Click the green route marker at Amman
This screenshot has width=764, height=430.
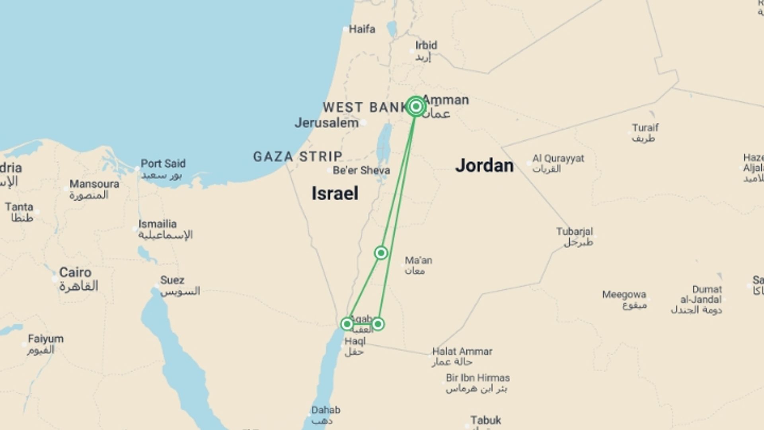pos(416,106)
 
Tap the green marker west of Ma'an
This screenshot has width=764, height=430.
pos(381,253)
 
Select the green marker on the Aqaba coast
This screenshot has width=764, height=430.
pos(347,324)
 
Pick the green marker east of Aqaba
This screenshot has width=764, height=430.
pos(378,324)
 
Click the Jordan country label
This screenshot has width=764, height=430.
pos(484,166)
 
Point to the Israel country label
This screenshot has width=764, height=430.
pos(335,193)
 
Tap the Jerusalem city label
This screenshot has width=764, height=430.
pos(326,123)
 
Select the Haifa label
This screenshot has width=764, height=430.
pos(362,29)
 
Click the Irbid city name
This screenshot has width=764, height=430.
pos(426,45)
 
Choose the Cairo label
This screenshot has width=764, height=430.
pos(75,273)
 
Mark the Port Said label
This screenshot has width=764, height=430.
pos(163,164)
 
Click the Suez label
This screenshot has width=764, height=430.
pos(172,280)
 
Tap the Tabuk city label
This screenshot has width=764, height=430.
pos(485,420)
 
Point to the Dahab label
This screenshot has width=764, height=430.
pos(325,410)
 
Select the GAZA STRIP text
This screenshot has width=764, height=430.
pos(298,156)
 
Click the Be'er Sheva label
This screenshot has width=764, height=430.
pos(361,170)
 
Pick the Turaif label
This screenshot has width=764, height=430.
pos(645,128)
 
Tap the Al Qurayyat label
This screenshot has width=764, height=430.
pos(558,158)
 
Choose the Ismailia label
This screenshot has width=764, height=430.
pos(157,224)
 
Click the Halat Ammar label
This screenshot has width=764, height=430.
pos(462,352)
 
